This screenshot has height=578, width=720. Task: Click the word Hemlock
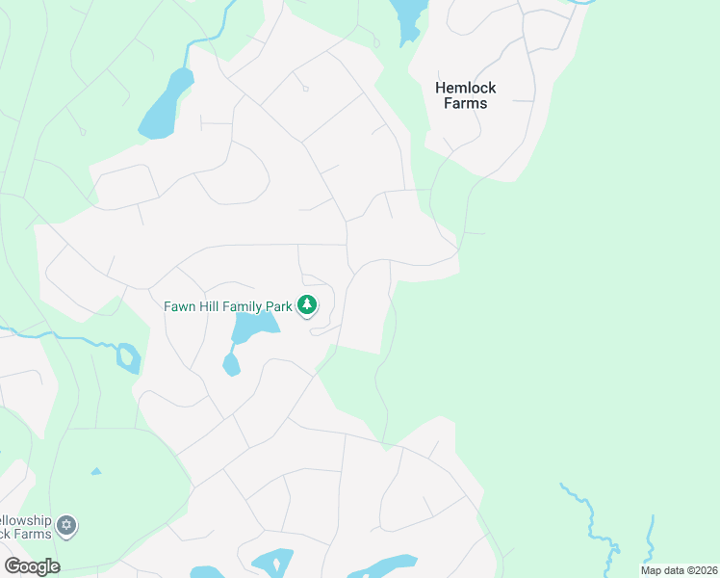point(466,87)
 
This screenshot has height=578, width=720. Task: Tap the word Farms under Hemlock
point(466,103)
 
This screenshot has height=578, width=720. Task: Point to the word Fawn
point(181,306)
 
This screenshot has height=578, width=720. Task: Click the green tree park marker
point(307,306)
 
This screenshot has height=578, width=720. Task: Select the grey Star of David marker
point(66,526)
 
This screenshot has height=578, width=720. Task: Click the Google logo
point(32,566)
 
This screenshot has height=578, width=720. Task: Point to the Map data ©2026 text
point(678,570)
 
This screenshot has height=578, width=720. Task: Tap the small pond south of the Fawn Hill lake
point(231,365)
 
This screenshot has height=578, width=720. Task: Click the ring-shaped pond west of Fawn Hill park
point(128,358)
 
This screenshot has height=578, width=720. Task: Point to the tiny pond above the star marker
point(96,471)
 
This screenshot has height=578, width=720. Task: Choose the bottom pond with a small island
point(273,563)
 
